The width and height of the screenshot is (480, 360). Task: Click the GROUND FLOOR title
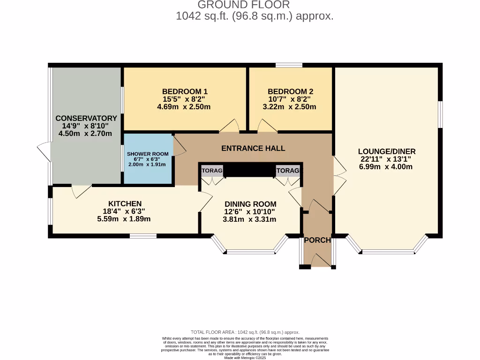click(243, 5)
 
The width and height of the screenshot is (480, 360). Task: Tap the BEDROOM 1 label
click(185, 91)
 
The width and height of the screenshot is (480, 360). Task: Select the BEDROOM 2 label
click(290, 91)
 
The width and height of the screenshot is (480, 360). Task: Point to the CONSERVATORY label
click(86, 118)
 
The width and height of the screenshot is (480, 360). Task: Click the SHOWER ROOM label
click(147, 154)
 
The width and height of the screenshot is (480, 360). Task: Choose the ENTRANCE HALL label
click(253, 148)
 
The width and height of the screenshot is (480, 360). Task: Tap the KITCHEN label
click(125, 203)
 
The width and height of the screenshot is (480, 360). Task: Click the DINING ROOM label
click(250, 204)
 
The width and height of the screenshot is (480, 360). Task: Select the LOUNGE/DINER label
click(387, 151)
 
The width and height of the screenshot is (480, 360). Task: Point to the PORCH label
click(317, 240)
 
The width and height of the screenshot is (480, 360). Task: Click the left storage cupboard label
click(212, 171)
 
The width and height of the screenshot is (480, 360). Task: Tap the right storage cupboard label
click(287, 171)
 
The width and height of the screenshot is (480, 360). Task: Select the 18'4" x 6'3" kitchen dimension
click(125, 211)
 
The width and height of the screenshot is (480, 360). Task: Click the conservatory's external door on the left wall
click(44, 152)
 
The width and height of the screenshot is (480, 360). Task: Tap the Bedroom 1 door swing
click(230, 126)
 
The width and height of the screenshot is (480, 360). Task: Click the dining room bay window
click(250, 251)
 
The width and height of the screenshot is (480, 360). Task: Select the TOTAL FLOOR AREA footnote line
click(245, 332)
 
